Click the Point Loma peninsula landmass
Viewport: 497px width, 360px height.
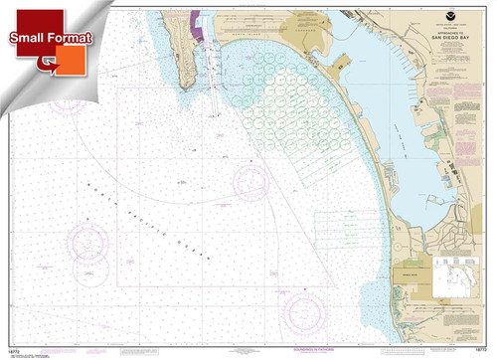pos(180,50)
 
